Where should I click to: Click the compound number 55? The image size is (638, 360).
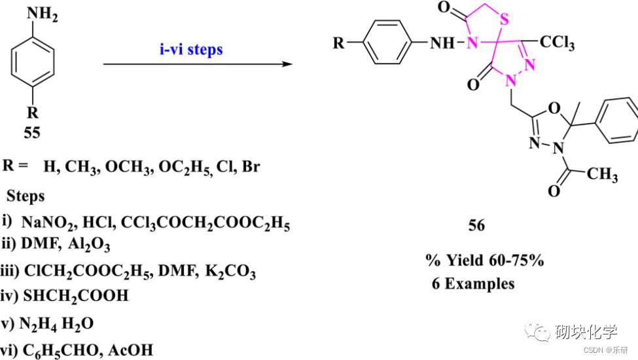click(31, 133)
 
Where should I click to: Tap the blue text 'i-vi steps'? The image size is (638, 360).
click(190, 49)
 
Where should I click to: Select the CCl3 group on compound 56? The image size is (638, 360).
click(557, 45)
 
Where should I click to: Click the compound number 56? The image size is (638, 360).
click(476, 225)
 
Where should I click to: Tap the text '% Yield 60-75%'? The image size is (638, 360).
click(484, 261)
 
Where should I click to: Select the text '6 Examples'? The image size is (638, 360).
click(473, 283)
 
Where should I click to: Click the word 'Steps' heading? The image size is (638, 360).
click(26, 196)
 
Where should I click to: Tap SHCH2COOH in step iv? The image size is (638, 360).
click(76, 296)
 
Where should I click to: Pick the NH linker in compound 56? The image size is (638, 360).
click(442, 44)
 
